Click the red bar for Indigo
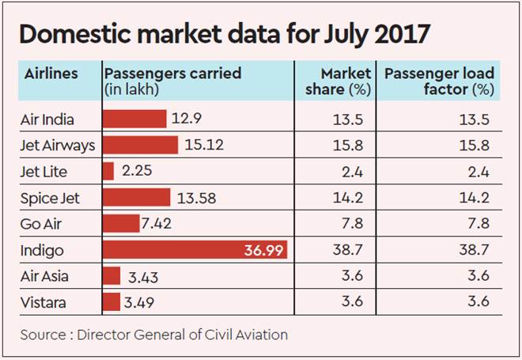195,250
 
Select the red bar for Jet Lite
109,172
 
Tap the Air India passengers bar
135,119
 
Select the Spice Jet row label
50,198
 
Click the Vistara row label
44,301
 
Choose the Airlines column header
51,74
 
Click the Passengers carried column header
172,74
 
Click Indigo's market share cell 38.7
351,250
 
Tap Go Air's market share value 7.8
355,224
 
